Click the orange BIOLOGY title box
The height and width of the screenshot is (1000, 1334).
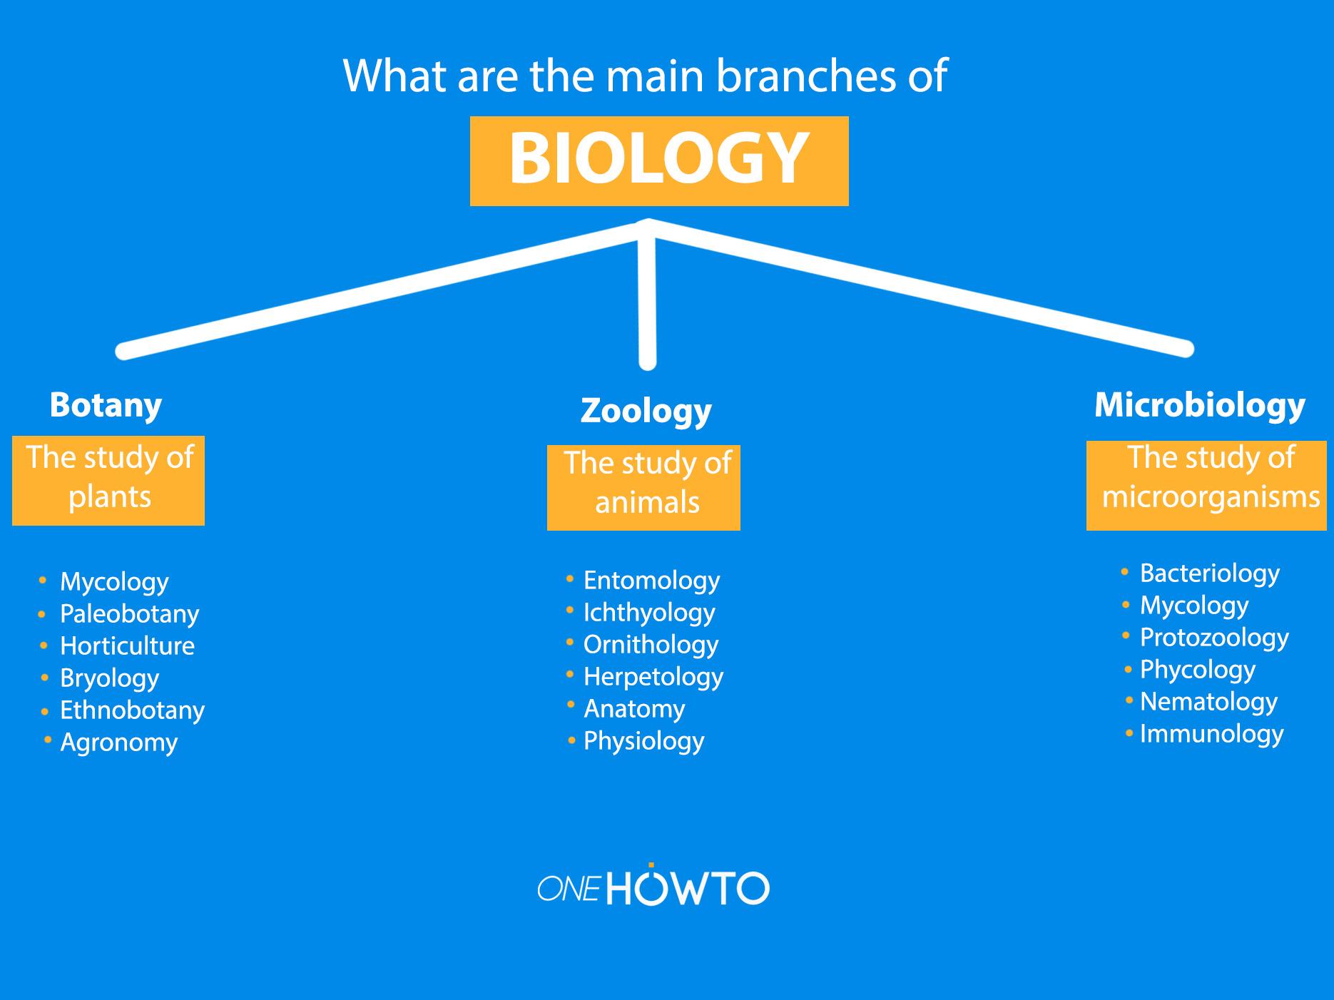click(659, 160)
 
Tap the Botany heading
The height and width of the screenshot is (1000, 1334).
click(106, 405)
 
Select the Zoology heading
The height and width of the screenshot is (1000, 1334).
click(646, 411)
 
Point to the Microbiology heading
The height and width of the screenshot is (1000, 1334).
click(1199, 405)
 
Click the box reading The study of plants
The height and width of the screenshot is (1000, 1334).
click(108, 480)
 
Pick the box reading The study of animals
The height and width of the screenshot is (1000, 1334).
click(643, 487)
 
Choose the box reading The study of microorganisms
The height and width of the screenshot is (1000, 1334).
click(1206, 485)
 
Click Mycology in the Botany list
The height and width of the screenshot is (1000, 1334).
click(114, 581)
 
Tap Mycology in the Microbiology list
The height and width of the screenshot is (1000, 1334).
click(1194, 606)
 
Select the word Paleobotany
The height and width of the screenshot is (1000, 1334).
click(129, 613)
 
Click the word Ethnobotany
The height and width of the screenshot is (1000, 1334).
click(132, 710)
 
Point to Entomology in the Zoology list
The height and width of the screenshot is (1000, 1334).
click(651, 580)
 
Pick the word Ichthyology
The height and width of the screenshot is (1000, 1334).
click(649, 612)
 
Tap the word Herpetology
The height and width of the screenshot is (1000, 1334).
click(653, 676)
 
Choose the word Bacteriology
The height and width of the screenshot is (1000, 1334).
click(1209, 573)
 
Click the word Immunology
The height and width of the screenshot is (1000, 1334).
click(1211, 733)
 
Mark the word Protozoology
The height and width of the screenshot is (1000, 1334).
click(1214, 637)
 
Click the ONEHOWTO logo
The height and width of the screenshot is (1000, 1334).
click(653, 887)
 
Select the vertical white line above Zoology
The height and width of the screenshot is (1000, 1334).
click(647, 300)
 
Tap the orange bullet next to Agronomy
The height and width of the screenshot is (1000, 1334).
click(48, 740)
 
